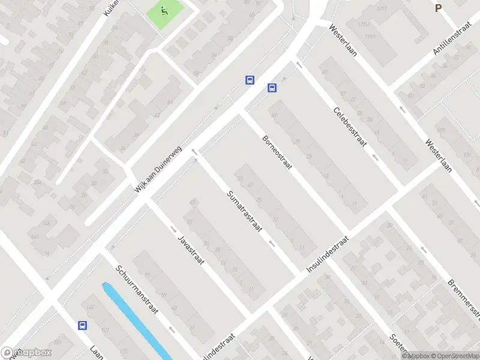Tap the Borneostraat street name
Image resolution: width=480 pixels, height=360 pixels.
pyautogui.click(x=277, y=152)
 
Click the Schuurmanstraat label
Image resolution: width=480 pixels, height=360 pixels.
pyautogui.click(x=137, y=289)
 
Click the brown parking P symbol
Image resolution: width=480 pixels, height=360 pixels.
pyautogui.click(x=439, y=8)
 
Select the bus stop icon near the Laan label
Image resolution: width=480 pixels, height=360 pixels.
pyautogui.click(x=82, y=326)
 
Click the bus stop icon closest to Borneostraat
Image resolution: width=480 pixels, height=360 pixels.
pyautogui.click(x=272, y=88)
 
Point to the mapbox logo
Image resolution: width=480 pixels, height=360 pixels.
pyautogui.click(x=26, y=353)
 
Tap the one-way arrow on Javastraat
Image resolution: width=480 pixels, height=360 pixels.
pyautogui.click(x=173, y=229)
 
